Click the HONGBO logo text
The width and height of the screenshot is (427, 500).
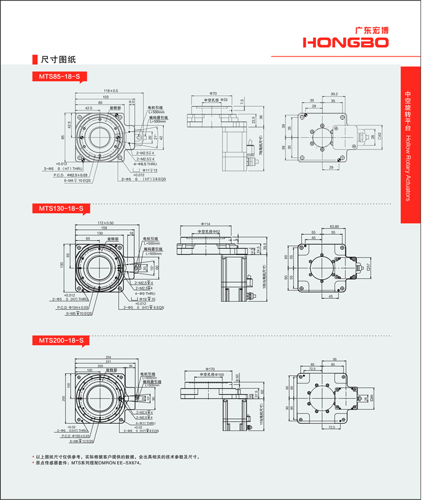click(345, 42)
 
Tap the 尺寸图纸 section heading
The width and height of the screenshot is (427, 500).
click(58, 60)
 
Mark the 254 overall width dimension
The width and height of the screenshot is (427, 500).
click(108, 358)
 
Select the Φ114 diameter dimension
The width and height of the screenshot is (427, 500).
click(206, 224)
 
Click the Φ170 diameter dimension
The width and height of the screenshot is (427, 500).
click(210, 369)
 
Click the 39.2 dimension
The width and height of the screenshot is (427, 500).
click(334, 94)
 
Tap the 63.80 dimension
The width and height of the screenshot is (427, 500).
click(335, 227)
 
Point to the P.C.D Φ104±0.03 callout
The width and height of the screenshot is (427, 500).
click(75, 307)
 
